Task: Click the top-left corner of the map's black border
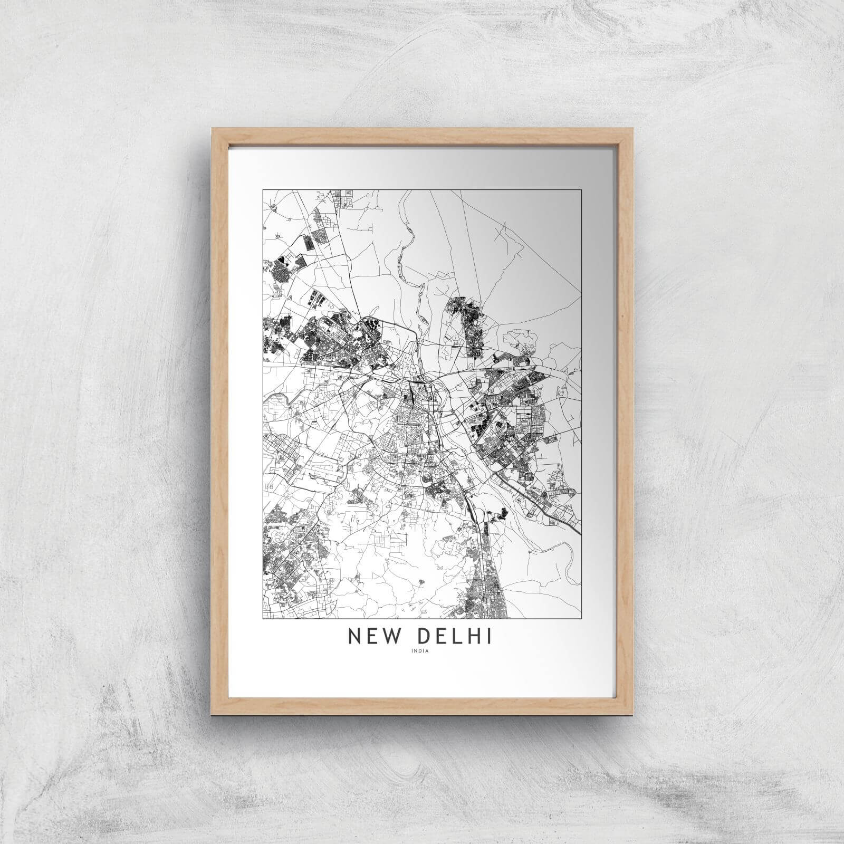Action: coord(263,189)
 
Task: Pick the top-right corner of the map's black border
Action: coord(582,189)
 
